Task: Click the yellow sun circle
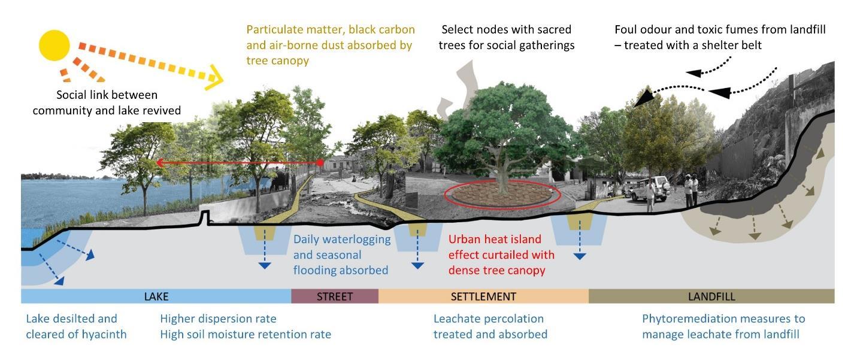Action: coord(54,46)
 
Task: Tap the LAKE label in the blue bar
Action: coord(156,297)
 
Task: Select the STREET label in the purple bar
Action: coord(335,297)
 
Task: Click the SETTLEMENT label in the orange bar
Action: coord(483,297)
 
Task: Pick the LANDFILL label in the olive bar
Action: coord(711,297)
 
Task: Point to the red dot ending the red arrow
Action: coord(320,162)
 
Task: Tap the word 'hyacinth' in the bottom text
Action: coord(103,334)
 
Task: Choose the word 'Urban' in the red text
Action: coord(465,240)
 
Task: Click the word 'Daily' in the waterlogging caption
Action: coord(307,240)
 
